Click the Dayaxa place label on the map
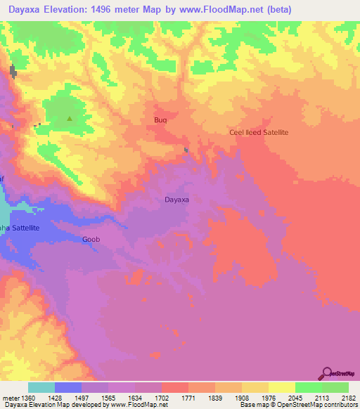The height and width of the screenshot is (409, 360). [x=176, y=200]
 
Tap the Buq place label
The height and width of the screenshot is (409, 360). [x=160, y=120]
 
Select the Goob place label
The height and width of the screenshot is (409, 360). [x=91, y=239]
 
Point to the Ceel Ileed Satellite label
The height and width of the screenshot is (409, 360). [x=259, y=132]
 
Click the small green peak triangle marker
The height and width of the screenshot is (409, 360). [x=69, y=119]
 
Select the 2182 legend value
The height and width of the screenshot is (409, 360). [x=348, y=397]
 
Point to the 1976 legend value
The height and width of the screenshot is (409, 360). [x=269, y=397]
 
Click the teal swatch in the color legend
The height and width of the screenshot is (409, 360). [x=41, y=387]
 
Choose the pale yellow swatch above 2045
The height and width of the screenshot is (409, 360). [x=281, y=387]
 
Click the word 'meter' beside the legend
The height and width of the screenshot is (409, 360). [x=11, y=397]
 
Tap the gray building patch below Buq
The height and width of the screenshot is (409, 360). [x=186, y=149]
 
